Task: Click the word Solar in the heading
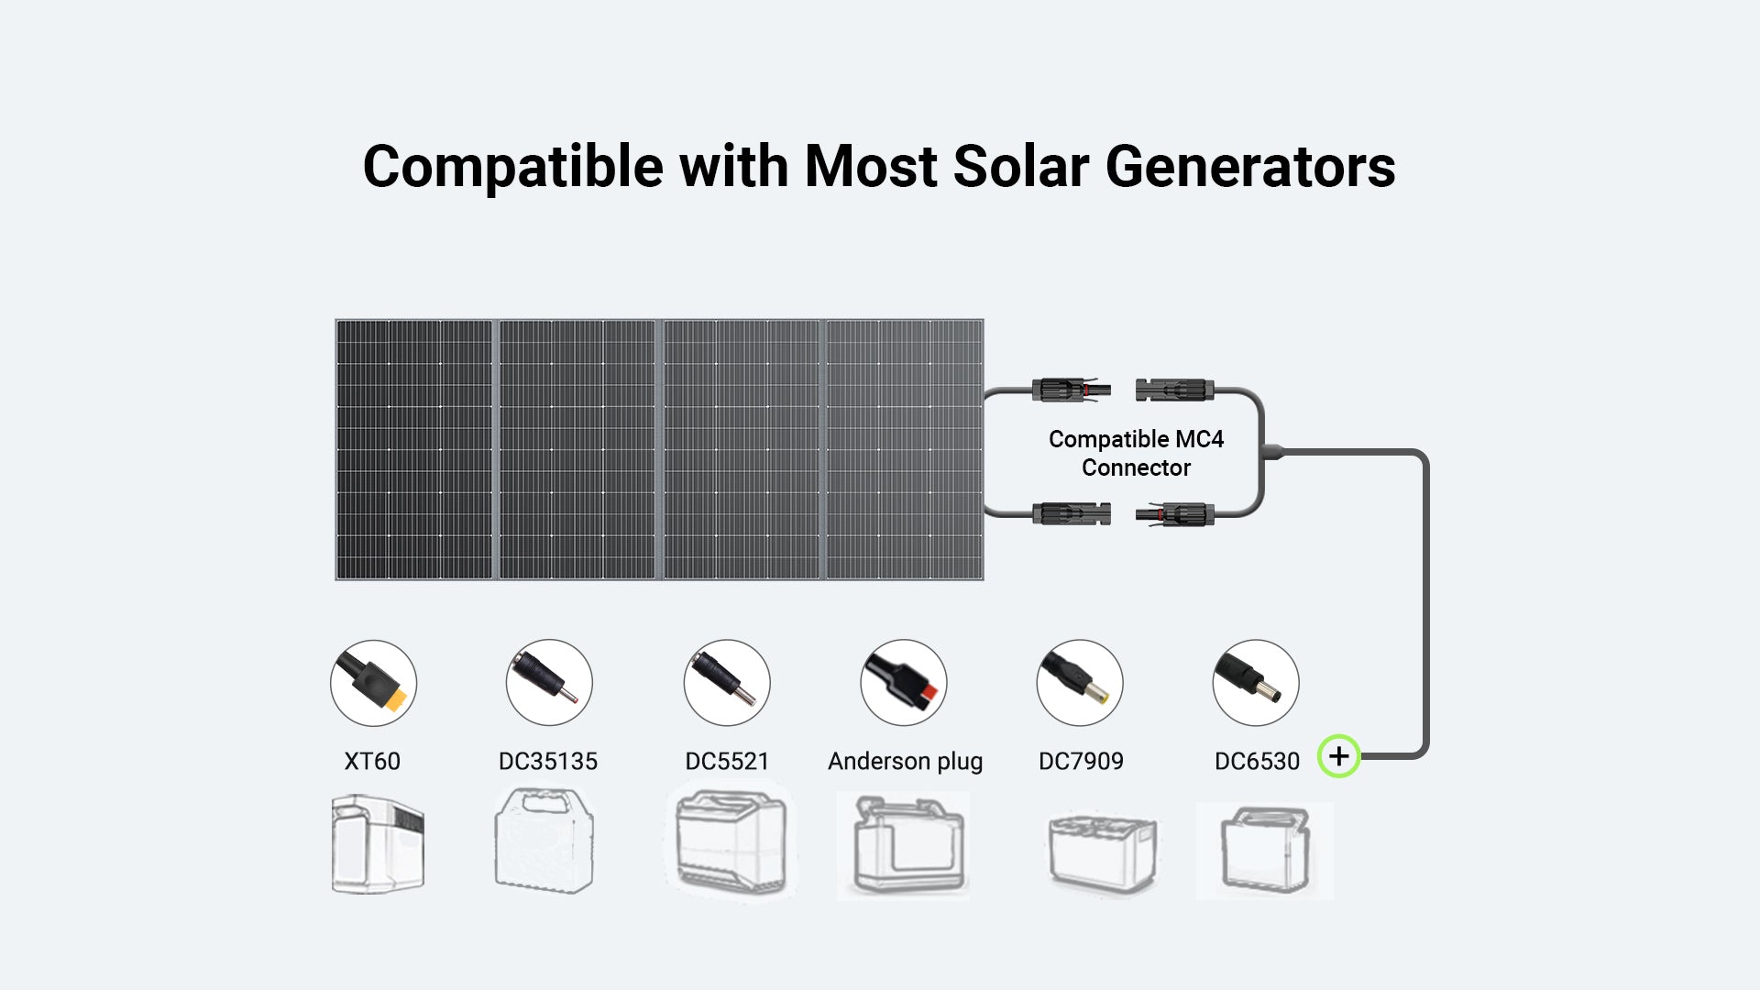(x=1021, y=167)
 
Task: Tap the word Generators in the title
(x=1250, y=167)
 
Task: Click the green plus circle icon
(x=1338, y=756)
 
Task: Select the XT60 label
(x=372, y=761)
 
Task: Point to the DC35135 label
(x=548, y=761)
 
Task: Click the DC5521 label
(x=727, y=761)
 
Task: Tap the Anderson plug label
(x=905, y=762)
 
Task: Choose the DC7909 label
(x=1081, y=761)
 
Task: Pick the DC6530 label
(x=1257, y=761)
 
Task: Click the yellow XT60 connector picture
(x=373, y=683)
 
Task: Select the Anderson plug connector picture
(x=904, y=683)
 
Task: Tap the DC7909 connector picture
(x=1080, y=683)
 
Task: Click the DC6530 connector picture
(x=1256, y=683)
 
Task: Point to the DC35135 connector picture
(x=549, y=683)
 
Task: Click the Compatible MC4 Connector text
(x=1136, y=453)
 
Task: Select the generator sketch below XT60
(x=378, y=844)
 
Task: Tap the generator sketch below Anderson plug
(x=903, y=845)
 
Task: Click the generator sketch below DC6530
(x=1265, y=851)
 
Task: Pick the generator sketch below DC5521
(x=731, y=841)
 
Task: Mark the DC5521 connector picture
(x=727, y=683)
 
